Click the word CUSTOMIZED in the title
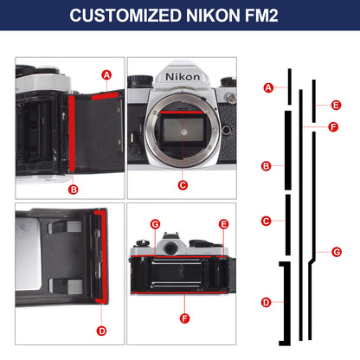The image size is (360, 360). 125,16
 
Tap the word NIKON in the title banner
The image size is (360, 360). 214,16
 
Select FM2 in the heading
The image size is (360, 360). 261,16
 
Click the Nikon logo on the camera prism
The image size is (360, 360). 183,77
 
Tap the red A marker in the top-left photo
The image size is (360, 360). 106,75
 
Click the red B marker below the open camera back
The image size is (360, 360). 74,190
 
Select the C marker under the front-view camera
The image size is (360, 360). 183,185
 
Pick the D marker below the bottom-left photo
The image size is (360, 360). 101,331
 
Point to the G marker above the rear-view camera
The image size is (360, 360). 155,224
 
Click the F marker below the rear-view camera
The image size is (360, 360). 184,318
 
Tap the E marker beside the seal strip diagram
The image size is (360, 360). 336,105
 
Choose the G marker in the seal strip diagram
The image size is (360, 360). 337,252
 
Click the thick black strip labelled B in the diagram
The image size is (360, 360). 288,151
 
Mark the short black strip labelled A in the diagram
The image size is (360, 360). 290,87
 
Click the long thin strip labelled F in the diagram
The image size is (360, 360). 301,215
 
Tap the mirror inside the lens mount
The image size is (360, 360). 183,131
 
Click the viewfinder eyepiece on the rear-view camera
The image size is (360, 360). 170,248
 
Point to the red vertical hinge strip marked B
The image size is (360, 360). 72,133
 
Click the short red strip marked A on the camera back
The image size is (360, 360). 105,96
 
